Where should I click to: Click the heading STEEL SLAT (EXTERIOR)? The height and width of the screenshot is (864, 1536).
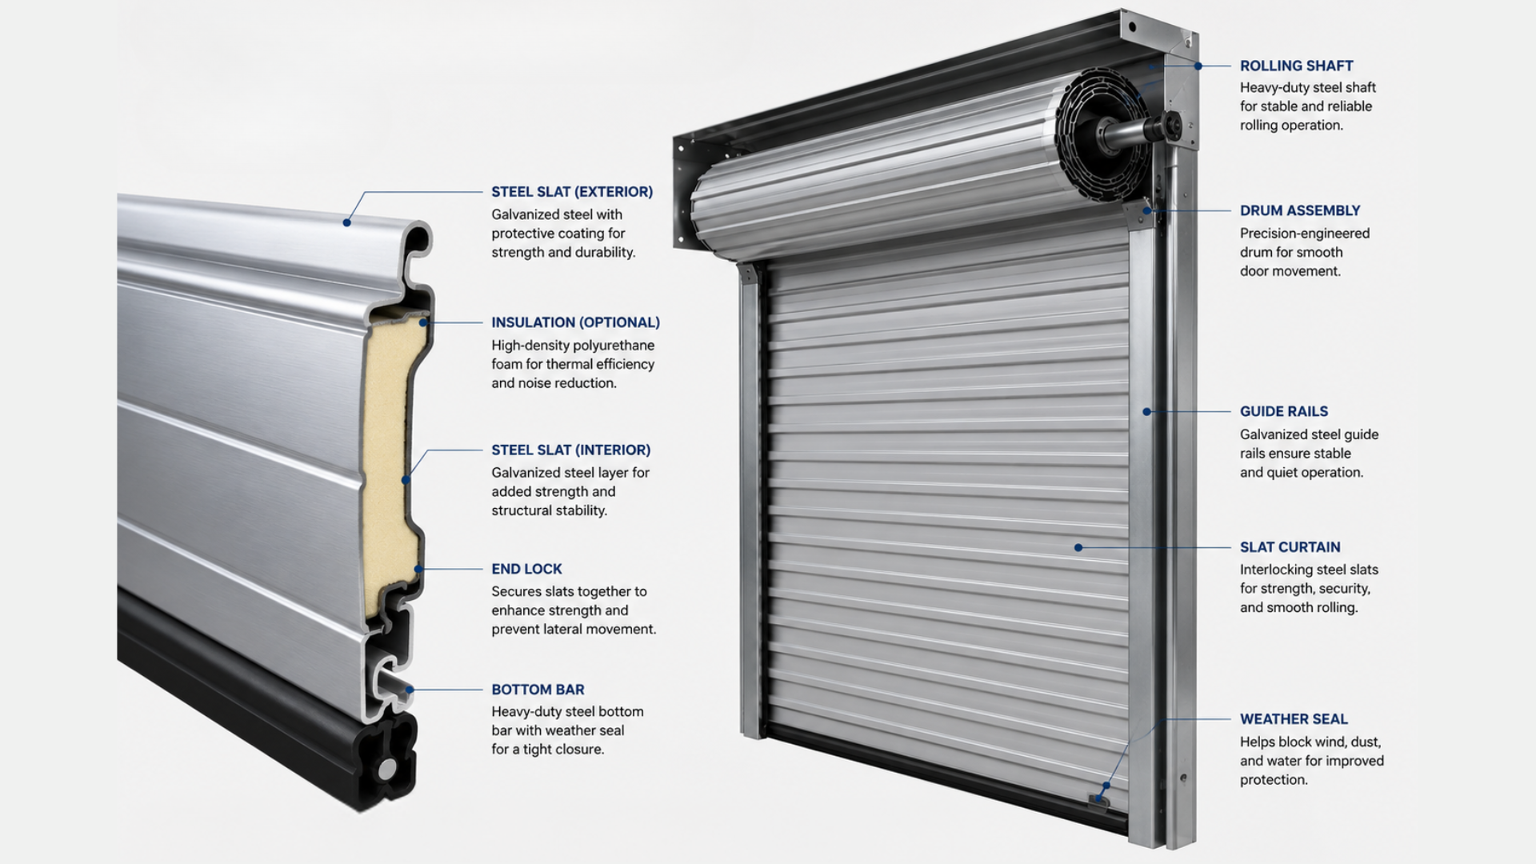click(x=572, y=192)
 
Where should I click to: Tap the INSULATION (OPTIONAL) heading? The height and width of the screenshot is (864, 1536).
click(x=575, y=322)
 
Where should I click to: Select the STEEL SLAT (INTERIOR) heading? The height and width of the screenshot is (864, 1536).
click(x=571, y=450)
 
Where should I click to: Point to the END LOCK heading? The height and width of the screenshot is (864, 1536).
click(x=526, y=569)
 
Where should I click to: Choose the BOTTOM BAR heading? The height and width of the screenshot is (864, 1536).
click(x=538, y=690)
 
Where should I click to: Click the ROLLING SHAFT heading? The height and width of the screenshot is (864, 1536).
click(x=1297, y=66)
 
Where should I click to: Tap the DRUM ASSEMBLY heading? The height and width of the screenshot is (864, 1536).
click(x=1300, y=210)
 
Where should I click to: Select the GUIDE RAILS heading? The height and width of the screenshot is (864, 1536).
click(x=1284, y=411)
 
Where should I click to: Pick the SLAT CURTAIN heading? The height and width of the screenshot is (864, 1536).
click(x=1290, y=547)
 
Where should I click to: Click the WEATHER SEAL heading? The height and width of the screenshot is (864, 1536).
click(x=1294, y=719)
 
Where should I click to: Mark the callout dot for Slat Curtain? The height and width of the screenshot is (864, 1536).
click(x=1078, y=548)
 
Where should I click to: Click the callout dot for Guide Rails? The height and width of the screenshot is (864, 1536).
click(x=1146, y=412)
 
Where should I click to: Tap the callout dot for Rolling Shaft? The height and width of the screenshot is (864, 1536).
click(x=1198, y=66)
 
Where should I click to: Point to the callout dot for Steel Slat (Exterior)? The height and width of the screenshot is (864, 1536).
click(x=346, y=222)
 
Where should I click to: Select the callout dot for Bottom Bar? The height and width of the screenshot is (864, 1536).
click(x=410, y=690)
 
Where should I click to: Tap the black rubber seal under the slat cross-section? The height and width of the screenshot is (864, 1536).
click(x=384, y=760)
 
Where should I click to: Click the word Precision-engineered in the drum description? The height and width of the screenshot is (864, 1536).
click(x=1305, y=234)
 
